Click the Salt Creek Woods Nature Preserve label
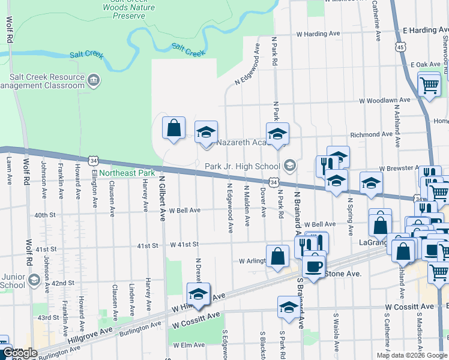tap(128, 8)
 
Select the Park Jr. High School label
tap(242, 166)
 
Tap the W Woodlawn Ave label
tap(385, 100)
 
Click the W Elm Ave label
tap(190, 345)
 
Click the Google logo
tap(20, 353)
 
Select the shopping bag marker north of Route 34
tap(173, 128)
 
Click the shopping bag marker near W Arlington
tap(277, 256)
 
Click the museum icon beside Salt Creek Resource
tap(93, 80)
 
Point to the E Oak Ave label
tap(426, 64)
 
